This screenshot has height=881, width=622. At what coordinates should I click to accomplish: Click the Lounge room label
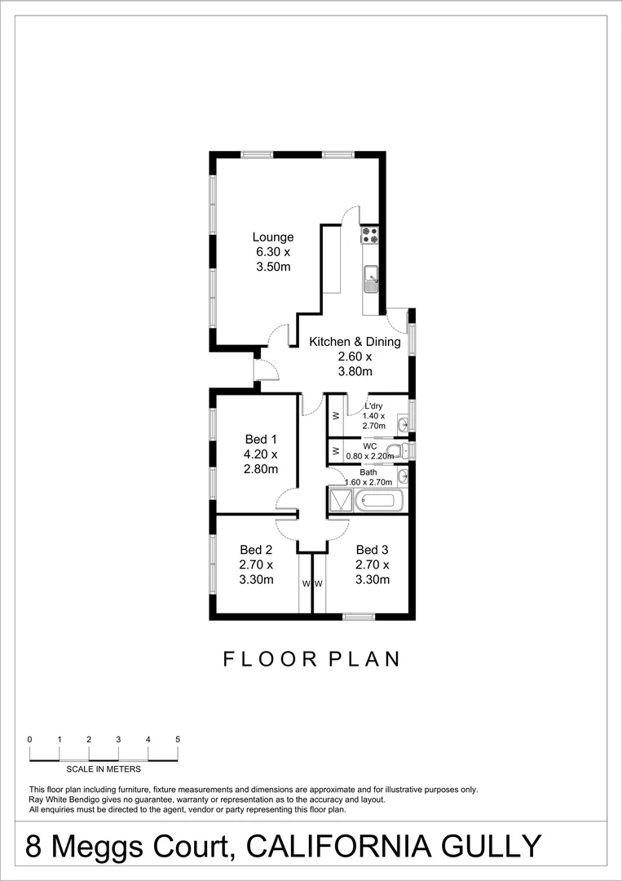[272, 237]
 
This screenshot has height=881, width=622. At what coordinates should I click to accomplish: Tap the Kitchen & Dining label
[355, 342]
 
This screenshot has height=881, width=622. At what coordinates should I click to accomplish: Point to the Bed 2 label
[256, 550]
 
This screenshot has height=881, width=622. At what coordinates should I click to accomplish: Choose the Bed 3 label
[372, 550]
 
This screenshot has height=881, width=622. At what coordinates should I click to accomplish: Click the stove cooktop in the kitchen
[370, 235]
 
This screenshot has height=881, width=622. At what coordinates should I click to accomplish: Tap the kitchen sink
[370, 278]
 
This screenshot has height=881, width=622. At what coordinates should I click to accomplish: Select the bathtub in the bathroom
[376, 500]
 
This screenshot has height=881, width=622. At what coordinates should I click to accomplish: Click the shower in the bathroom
[338, 500]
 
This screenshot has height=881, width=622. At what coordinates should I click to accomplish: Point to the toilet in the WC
[395, 451]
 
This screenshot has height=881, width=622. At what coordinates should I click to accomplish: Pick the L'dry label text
[373, 406]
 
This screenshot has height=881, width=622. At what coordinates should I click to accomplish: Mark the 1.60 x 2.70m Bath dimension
[368, 482]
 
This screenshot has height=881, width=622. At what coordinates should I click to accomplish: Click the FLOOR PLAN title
[312, 659]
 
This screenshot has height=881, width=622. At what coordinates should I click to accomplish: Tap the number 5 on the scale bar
[178, 739]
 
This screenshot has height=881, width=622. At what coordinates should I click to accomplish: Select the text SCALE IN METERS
[104, 768]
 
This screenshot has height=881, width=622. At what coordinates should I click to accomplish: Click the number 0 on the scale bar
[30, 739]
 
